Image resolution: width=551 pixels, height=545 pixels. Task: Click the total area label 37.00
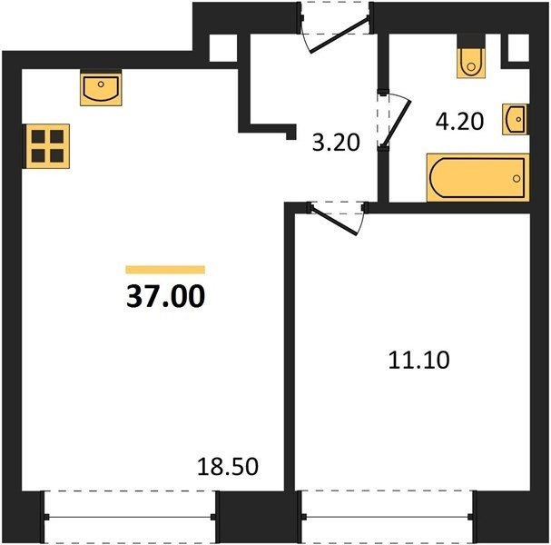click(x=165, y=296)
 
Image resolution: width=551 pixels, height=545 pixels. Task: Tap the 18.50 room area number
click(x=228, y=467)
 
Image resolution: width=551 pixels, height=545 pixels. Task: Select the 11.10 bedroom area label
click(x=418, y=360)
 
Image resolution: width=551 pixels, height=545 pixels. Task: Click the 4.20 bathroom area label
click(x=459, y=122)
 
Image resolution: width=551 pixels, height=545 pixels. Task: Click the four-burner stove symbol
click(x=48, y=146)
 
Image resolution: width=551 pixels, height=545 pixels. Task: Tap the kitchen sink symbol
click(x=101, y=89)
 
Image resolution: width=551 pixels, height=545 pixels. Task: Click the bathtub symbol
click(x=477, y=177)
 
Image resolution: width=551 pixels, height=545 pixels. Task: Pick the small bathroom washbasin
click(x=515, y=119)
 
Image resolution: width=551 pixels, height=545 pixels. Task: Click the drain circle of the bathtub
click(x=517, y=179)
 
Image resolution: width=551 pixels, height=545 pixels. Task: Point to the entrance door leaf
click(x=339, y=35)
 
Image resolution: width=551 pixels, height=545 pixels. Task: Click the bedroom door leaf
click(x=334, y=221)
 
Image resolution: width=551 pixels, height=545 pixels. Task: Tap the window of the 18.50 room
click(x=130, y=517)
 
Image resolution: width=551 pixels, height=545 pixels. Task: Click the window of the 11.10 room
click(x=388, y=517)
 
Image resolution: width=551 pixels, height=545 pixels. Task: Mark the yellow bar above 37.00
click(x=165, y=270)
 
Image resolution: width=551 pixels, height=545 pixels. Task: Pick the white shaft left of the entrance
click(x=223, y=48)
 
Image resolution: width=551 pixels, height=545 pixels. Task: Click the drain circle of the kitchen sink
click(x=101, y=84)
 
